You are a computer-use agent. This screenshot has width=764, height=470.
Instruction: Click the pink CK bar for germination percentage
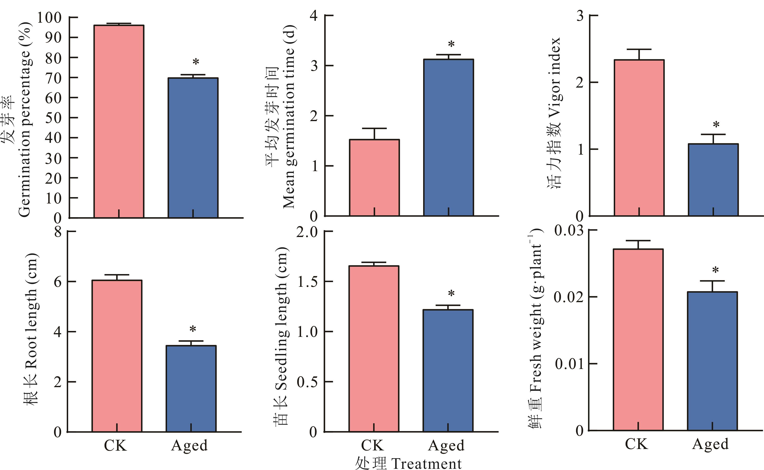click(119, 121)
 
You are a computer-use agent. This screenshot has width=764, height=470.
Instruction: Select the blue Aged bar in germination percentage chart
click(193, 148)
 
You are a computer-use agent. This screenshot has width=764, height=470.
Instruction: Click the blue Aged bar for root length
click(191, 389)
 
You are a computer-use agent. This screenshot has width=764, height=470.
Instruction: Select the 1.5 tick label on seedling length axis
click(308, 282)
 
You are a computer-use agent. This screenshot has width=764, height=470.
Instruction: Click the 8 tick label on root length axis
click(58, 232)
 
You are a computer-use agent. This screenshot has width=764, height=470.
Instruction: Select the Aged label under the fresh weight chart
click(710, 444)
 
